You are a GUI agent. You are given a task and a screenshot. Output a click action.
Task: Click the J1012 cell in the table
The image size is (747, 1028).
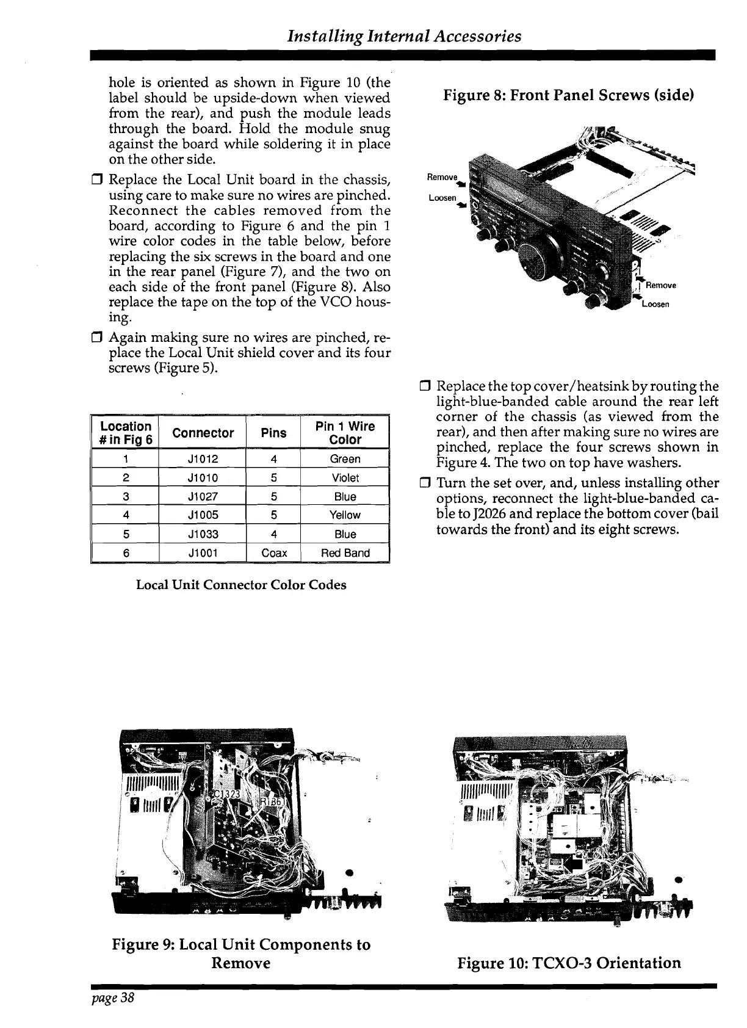pos(203,459)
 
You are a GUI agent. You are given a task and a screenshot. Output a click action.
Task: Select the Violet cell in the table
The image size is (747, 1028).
pos(345,477)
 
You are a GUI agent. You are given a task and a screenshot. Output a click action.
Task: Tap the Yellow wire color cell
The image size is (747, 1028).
pos(345,515)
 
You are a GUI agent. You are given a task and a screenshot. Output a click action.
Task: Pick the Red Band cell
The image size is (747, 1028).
pos(345,553)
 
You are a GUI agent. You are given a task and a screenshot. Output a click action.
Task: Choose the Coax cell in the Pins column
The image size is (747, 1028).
pos(273,553)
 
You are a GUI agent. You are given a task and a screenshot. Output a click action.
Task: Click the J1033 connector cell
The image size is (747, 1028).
pos(203,534)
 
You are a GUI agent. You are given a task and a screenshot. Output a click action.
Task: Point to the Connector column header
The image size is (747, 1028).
pos(203,433)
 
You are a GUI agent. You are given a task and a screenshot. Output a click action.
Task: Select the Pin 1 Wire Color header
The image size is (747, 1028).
pos(345,433)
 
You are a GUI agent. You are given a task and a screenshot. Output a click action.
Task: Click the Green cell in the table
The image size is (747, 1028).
pos(345,459)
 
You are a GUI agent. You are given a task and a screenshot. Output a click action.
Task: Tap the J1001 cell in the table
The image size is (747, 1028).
pos(203,553)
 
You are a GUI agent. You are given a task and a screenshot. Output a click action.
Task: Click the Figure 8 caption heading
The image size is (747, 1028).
pos(568,96)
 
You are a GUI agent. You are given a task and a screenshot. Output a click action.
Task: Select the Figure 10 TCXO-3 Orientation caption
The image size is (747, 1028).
pos(569,963)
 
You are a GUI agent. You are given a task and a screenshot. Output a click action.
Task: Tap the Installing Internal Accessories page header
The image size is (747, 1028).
pos(405,36)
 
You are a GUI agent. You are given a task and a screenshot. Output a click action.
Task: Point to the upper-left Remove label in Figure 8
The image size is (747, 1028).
pos(442,177)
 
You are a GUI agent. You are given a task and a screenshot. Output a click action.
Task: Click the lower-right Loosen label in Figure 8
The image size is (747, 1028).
pos(655,304)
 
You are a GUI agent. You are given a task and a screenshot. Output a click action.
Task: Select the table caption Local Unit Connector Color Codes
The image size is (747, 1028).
pos(241,585)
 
